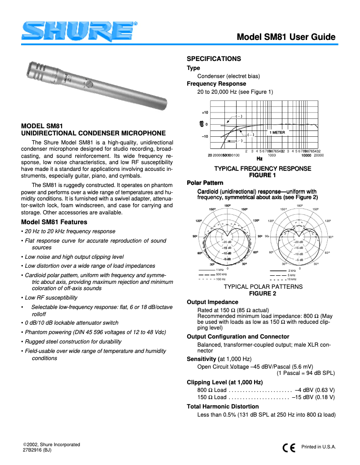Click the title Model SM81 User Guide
click(x=286, y=37)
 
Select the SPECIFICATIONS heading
click(x=214, y=59)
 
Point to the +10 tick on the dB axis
click(x=205, y=113)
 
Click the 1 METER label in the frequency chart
click(x=277, y=133)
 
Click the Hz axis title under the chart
click(x=259, y=159)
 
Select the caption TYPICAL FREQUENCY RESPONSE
click(x=263, y=169)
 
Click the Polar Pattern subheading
click(x=205, y=183)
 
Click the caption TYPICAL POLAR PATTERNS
click(x=263, y=287)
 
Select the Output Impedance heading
click(x=212, y=302)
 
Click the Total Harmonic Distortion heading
click(x=223, y=407)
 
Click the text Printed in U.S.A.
click(x=319, y=447)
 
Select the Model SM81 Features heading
click(x=54, y=222)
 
